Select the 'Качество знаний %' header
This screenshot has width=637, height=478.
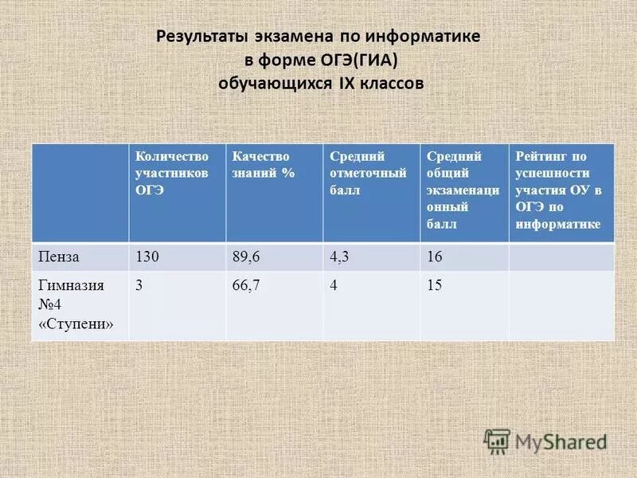(x=260, y=164)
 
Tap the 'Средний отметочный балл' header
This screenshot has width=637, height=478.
(x=368, y=174)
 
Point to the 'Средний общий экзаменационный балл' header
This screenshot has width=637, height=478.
(x=463, y=190)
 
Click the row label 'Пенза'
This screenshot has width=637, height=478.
(x=61, y=257)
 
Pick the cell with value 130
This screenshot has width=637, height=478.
(x=148, y=257)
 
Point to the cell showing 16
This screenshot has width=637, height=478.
(x=434, y=257)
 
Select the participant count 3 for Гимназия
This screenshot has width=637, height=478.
(x=139, y=285)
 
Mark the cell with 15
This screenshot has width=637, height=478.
(x=434, y=285)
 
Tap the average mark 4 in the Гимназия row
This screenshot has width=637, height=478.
(x=334, y=285)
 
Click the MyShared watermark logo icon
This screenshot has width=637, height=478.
(x=497, y=441)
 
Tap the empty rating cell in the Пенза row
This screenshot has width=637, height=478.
(x=561, y=257)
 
